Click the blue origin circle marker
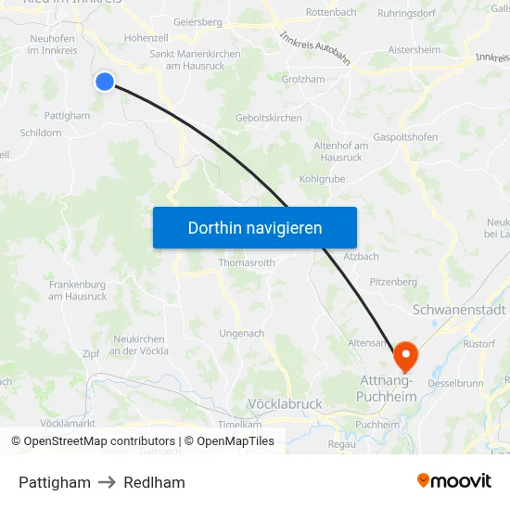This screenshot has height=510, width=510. point(105,82)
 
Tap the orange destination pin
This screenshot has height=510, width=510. point(406,355)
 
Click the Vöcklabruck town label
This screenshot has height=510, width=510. point(285,404)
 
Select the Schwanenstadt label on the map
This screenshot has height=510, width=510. point(459,310)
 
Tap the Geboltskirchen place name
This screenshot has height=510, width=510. point(269,118)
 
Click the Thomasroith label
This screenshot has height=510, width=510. point(247,262)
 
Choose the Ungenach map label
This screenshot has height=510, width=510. point(242,333)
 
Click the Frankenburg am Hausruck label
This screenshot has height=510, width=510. point(77,290)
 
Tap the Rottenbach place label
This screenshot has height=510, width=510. point(331,12)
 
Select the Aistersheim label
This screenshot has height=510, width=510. point(414,49)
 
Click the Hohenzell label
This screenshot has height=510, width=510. point(146,38)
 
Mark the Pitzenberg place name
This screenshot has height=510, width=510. point(393,281)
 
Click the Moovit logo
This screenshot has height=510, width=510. point(454,480)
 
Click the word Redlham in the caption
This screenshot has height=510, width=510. point(154,482)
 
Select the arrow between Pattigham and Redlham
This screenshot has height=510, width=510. point(108,482)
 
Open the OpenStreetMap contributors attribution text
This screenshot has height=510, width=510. point(93,441)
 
